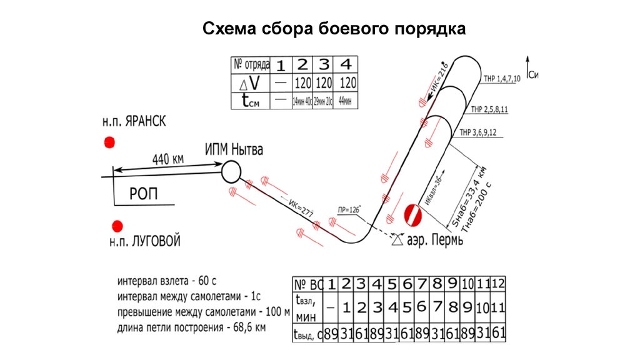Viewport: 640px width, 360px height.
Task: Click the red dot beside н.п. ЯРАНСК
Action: pos(109,142)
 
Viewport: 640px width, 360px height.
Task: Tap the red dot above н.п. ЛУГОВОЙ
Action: pos(116,226)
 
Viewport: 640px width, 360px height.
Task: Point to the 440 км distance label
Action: pos(167,159)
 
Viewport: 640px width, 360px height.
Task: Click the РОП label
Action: pos(144,194)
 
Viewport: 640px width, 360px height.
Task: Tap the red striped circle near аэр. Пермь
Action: pos(413,215)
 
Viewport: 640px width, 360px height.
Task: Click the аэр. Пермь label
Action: pos(436,241)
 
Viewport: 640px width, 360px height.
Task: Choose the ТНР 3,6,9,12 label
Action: pos(479,132)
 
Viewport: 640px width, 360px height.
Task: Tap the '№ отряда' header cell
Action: pos(251,64)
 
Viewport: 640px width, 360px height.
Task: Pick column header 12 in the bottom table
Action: pos(498,284)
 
